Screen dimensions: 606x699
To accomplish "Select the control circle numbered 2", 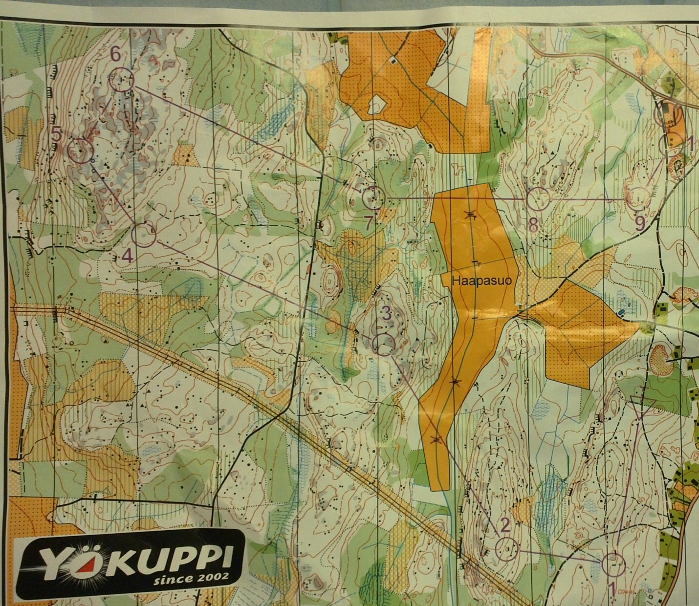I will coord(507,548).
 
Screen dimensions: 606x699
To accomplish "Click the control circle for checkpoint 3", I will coord(384,344).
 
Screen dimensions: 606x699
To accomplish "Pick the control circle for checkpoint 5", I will coord(81,151).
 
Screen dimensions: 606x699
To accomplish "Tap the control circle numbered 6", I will coord(121,79).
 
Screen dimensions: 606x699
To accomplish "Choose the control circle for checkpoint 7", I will coord(374,197).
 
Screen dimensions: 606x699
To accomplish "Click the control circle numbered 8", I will coord(539,199).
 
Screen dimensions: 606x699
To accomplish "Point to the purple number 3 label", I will coord(386,314).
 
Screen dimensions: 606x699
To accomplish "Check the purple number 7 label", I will coord(369,223).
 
